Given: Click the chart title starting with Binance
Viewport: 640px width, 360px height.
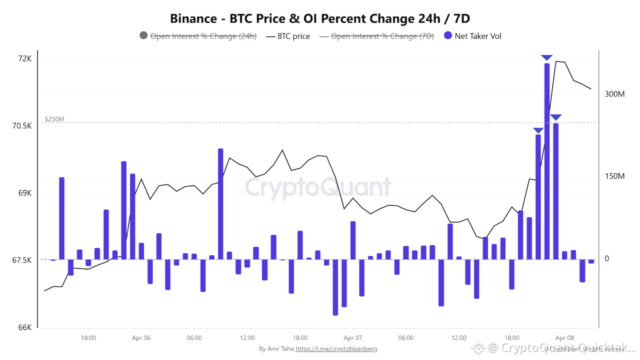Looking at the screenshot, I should click(320, 18).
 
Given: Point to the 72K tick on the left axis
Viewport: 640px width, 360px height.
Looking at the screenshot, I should click(25, 59).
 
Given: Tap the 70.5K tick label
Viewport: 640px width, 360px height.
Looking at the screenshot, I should click(22, 126).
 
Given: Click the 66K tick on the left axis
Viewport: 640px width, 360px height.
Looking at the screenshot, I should click(25, 327).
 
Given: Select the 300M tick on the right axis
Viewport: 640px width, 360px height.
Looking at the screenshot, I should click(614, 94).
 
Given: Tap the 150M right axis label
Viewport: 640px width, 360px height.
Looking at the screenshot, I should click(614, 176).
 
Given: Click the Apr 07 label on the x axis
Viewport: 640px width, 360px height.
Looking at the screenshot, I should click(352, 338).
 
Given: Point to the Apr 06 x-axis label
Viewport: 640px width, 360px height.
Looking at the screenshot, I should click(141, 338).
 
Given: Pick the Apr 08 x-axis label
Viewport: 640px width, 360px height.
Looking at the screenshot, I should click(564, 338).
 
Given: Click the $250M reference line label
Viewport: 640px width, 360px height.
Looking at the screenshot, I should click(54, 119).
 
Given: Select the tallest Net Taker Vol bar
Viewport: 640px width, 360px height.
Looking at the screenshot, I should click(547, 160).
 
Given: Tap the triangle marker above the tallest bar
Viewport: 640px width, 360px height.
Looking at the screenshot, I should click(547, 58).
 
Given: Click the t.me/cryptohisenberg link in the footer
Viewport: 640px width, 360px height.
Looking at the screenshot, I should click(336, 349).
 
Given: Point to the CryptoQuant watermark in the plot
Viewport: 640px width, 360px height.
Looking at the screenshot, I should click(317, 187).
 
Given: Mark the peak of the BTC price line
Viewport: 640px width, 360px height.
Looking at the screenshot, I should click(556, 61).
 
